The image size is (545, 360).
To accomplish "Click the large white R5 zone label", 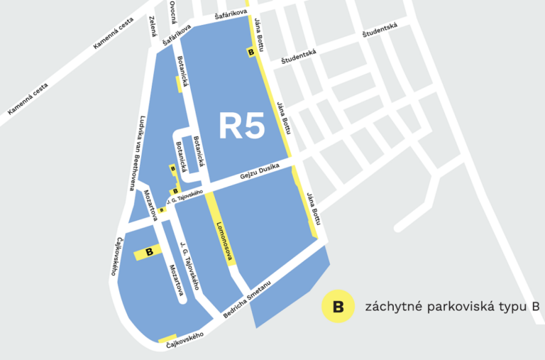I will click(241, 126).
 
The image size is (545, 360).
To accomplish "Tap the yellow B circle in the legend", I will click(338, 307).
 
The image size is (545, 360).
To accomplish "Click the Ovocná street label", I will click(172, 13).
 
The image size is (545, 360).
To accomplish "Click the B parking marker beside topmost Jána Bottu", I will click(250, 52).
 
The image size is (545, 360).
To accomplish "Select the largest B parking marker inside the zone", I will click(150, 251).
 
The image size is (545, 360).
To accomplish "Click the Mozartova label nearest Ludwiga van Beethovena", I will click(150, 206).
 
